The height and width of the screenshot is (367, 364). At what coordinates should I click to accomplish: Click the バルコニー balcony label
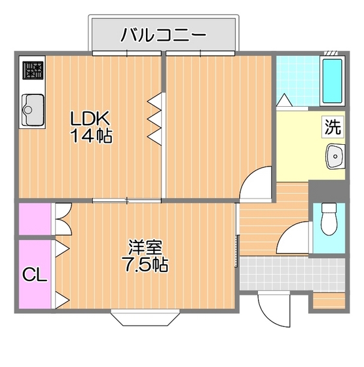point(163,35)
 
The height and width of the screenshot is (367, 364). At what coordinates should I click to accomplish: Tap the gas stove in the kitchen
point(33,70)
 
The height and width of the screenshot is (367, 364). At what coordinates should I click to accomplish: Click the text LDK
point(92,119)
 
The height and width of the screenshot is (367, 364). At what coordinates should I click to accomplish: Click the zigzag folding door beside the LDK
point(155,118)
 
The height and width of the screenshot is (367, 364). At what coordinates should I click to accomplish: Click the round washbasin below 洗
point(335,157)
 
